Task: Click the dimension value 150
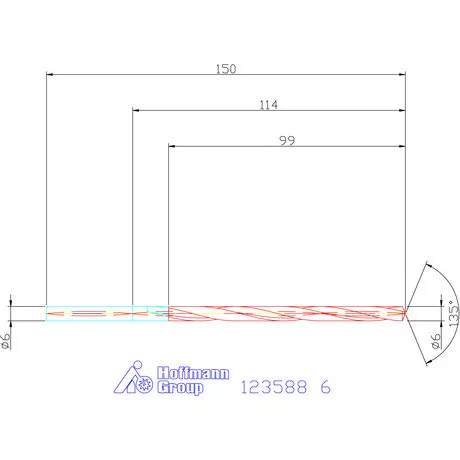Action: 226,69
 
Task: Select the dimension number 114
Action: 267,105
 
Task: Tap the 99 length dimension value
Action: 287,141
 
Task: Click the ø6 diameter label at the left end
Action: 7,340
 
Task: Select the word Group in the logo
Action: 180,387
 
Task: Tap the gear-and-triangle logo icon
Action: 135,378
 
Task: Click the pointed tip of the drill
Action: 407,312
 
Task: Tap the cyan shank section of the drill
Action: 90,312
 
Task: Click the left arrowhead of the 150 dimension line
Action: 50,75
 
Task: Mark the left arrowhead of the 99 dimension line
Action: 172,147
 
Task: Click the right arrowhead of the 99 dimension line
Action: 401,147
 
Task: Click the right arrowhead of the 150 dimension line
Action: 401,75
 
